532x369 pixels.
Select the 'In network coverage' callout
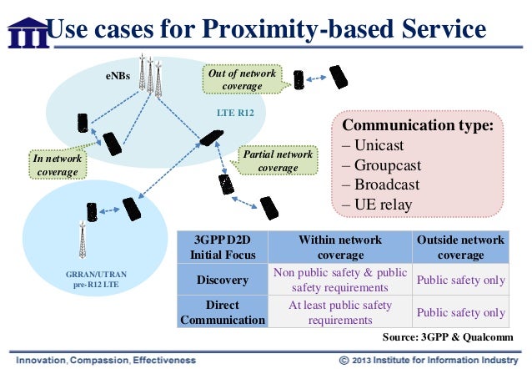[56, 164]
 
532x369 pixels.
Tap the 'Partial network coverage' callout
[278, 160]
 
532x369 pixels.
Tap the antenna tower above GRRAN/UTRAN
[83, 242]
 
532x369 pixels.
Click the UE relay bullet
[384, 205]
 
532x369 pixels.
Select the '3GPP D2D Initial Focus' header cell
[221, 247]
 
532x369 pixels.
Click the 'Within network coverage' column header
[340, 247]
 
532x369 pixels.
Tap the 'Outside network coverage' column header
[461, 247]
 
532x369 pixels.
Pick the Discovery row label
[221, 280]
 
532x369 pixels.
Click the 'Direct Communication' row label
[221, 311]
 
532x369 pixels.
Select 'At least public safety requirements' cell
[340, 311]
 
